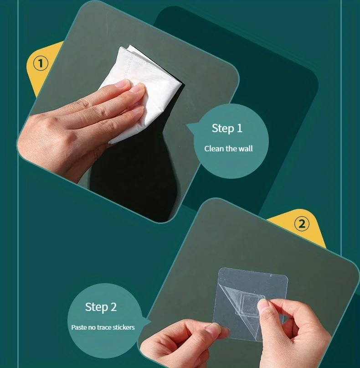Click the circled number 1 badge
click(41, 63)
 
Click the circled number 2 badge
click(302, 223)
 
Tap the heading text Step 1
click(227, 129)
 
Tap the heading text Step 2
click(101, 307)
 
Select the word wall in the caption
click(246, 149)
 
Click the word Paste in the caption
click(79, 327)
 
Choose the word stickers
click(123, 327)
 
